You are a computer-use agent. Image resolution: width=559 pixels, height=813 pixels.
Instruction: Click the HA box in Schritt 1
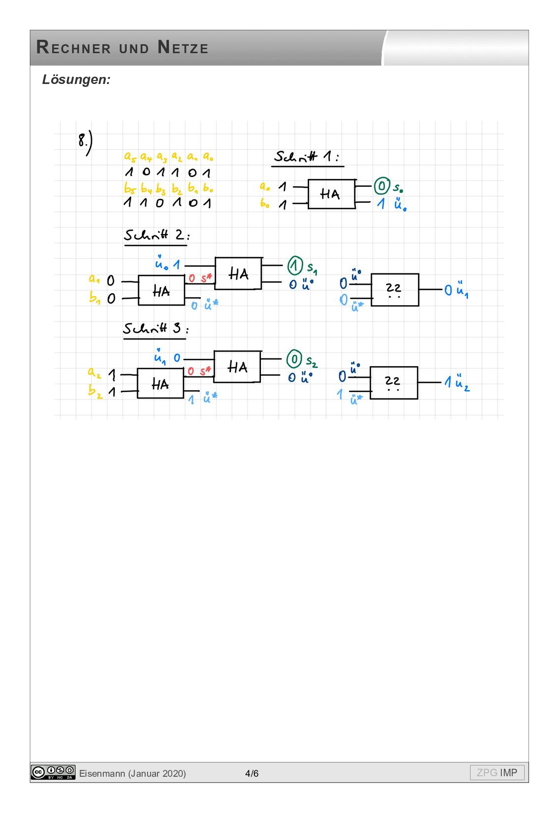(x=331, y=194)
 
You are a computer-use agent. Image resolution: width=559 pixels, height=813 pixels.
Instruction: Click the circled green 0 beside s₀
(x=382, y=186)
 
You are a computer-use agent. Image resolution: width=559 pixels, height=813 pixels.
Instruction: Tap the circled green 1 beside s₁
(x=295, y=265)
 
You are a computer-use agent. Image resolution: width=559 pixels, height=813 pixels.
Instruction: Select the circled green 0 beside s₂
(x=294, y=359)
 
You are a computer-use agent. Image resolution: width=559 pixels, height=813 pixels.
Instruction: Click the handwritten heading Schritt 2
(x=156, y=235)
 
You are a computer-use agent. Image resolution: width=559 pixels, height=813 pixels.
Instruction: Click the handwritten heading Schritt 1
(x=307, y=157)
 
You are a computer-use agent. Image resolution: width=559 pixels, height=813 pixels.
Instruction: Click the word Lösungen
(x=76, y=80)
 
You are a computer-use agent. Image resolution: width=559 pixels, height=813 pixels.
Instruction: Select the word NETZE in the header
(x=183, y=48)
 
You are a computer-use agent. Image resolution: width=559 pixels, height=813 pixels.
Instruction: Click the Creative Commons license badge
(x=53, y=772)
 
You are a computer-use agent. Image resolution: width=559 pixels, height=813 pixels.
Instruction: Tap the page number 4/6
(x=252, y=773)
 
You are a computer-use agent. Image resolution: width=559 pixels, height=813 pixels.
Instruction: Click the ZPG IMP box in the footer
(x=497, y=772)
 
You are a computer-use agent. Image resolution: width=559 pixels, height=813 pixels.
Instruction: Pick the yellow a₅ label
(x=130, y=158)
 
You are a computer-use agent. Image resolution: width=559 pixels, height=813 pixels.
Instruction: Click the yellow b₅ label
(x=129, y=189)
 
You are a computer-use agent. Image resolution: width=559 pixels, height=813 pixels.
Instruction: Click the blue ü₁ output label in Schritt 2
(x=462, y=290)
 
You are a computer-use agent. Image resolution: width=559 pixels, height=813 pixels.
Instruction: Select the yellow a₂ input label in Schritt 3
(x=94, y=373)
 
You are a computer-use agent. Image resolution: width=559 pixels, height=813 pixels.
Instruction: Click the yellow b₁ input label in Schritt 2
(x=94, y=298)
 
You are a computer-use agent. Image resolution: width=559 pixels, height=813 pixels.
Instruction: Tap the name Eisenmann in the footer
(x=102, y=773)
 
